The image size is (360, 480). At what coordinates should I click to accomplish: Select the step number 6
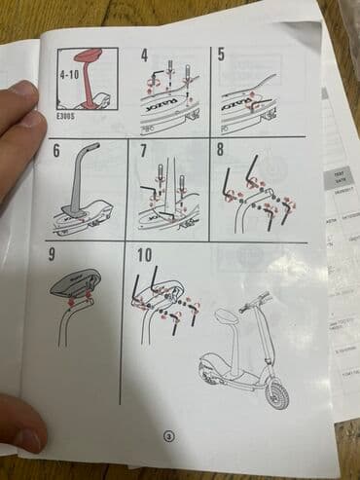pos(55,151)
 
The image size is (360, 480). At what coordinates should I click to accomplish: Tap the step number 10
pos(145,257)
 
